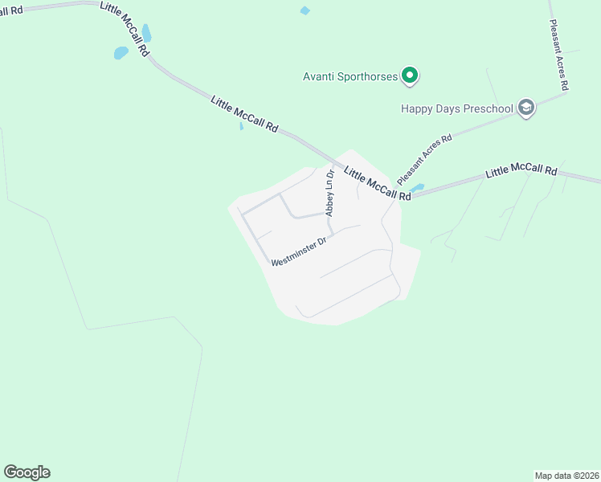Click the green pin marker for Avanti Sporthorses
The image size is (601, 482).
[410, 76]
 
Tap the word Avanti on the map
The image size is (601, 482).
[320, 77]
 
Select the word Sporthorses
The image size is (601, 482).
[369, 77]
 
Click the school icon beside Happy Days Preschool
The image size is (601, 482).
[526, 108]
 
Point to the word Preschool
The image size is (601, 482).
[487, 108]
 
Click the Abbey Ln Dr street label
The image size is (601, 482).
[329, 192]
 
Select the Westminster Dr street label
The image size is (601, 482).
[299, 251]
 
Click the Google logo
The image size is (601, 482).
[27, 472]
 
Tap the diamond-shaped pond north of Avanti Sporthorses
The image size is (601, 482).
[305, 10]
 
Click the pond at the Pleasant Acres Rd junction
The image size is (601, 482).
[415, 188]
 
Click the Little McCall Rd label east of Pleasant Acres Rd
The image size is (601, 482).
[521, 172]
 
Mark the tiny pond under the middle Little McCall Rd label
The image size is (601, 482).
[241, 126]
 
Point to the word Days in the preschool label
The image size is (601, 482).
[448, 108]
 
